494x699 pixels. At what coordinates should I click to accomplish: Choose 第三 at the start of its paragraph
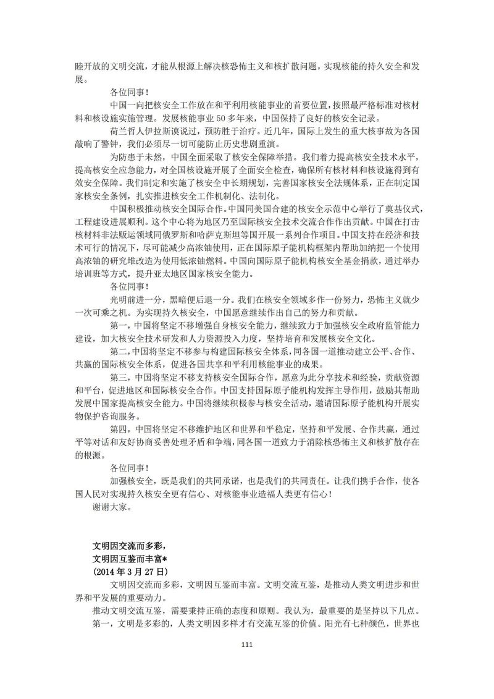[x=118, y=377]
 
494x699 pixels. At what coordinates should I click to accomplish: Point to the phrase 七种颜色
[x=377, y=624]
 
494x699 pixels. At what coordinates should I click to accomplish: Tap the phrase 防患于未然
[x=133, y=158]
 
